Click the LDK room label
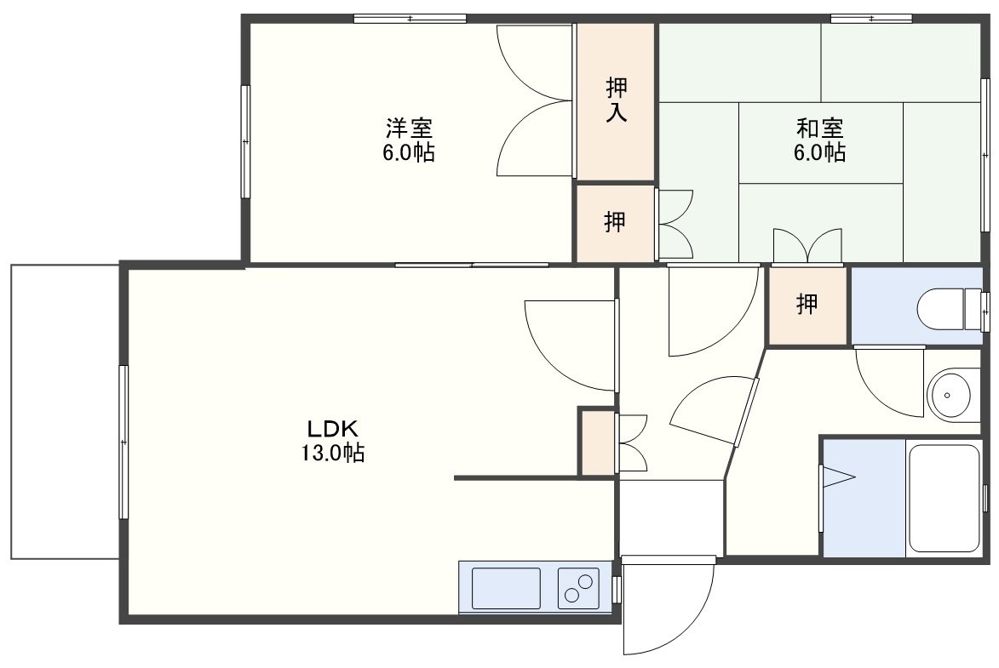[334, 428]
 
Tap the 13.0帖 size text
[333, 454]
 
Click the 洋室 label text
[409, 128]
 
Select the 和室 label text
[820, 128]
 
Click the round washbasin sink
[949, 395]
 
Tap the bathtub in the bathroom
[944, 498]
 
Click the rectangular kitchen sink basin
[506, 588]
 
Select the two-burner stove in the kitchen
[578, 588]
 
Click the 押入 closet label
[616, 100]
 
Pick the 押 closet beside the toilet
[807, 305]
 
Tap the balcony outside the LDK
[65, 412]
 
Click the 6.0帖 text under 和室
[819, 153]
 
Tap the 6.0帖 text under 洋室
[409, 153]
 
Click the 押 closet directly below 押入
[616, 222]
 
